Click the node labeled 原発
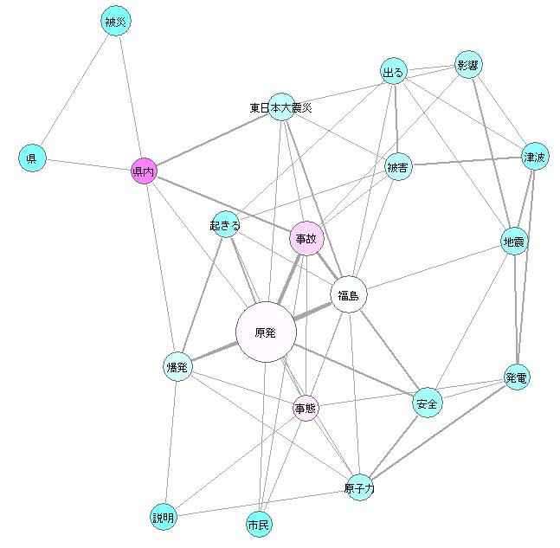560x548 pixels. click(x=266, y=332)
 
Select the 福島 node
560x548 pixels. click(x=349, y=295)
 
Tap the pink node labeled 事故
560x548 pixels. click(x=306, y=238)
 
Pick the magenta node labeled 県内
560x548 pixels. click(x=143, y=172)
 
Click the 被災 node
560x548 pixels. click(x=116, y=22)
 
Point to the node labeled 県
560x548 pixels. click(x=31, y=158)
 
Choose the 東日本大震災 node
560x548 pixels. click(x=281, y=107)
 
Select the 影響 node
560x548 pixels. click(x=468, y=66)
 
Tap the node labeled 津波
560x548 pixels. click(x=535, y=158)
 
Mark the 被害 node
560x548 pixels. click(x=398, y=167)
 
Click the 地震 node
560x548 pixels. click(x=514, y=242)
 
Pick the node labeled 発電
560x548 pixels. click(x=517, y=377)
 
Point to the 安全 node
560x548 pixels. click(x=428, y=403)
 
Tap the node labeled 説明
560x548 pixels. click(x=163, y=518)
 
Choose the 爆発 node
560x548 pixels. click(x=177, y=367)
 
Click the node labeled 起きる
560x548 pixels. click(x=224, y=226)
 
